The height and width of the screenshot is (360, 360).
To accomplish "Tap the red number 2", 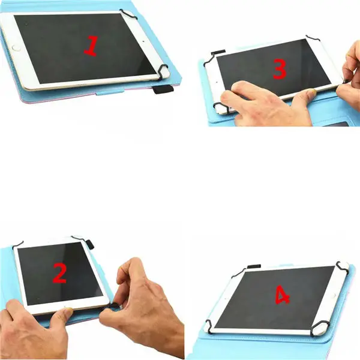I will coord(59,273).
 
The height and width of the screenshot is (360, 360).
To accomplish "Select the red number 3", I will coord(279,70).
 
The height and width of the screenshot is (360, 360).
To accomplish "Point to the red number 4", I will coord(283,295).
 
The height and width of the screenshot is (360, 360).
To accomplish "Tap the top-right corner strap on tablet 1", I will coord(130,13).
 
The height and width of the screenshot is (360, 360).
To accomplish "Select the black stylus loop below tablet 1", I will coord(161,90).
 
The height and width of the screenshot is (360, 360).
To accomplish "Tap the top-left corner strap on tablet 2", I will coord(18,244).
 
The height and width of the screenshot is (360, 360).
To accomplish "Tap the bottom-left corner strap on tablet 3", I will coord(220,108).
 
